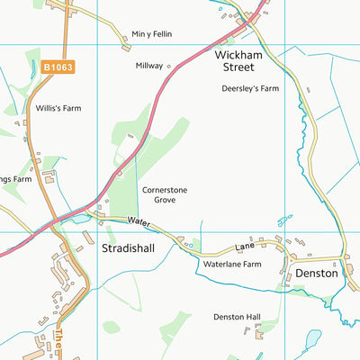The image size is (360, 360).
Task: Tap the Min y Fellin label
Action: coord(151,34)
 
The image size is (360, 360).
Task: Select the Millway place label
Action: coord(148,66)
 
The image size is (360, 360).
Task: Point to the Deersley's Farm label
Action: coord(250,89)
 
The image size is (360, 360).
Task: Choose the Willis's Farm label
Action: coord(58,108)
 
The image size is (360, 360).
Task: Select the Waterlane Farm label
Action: coord(232,265)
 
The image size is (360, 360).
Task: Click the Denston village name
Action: coord(316,273)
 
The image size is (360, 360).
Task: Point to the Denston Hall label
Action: coord(237,317)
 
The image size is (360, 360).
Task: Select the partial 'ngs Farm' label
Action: coord(16,179)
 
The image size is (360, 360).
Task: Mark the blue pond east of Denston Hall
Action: coord(311,340)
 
